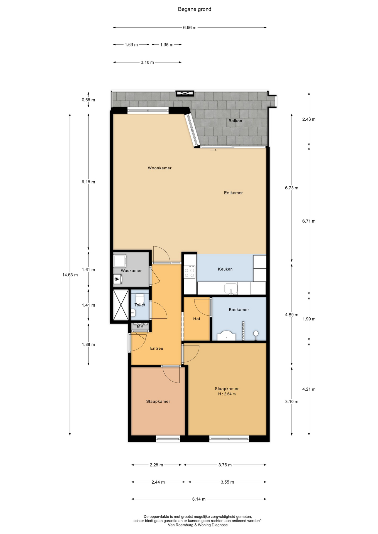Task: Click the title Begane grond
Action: tap(195, 9)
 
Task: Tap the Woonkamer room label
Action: tap(159, 168)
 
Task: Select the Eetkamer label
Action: tap(233, 193)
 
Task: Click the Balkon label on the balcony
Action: tap(235, 121)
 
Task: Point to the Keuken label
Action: tap(225, 269)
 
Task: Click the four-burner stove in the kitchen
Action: tap(190, 272)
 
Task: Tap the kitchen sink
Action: tap(231, 289)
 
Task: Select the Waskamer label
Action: tap(131, 271)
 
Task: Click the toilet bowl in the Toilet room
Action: tap(140, 299)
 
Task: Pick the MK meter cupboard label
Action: tap(140, 326)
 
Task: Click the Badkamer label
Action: tap(239, 310)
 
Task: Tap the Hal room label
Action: tap(197, 319)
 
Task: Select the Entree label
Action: tap(156, 348)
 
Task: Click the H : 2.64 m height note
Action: tap(227, 394)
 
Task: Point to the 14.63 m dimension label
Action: tap(70, 275)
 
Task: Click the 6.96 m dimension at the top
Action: tap(190, 28)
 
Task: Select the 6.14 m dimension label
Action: tap(199, 499)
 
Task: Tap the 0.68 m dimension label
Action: tap(88, 100)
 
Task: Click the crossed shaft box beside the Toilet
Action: tap(121, 305)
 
